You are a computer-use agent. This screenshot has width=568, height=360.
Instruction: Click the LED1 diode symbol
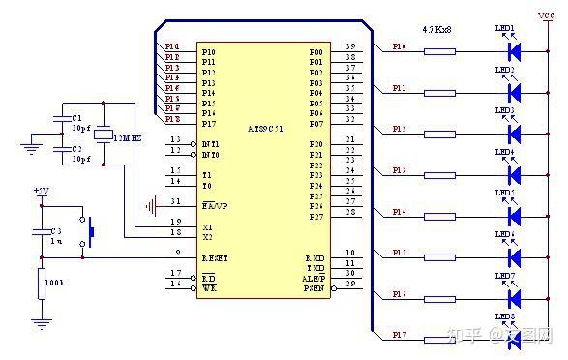coord(513,51)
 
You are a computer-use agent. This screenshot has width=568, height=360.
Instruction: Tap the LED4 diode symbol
coord(513,172)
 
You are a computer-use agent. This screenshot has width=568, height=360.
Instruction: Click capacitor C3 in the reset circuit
coord(40,232)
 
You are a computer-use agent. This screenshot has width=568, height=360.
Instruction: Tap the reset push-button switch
coord(90,232)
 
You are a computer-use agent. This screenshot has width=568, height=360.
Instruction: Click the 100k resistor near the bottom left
coord(40,285)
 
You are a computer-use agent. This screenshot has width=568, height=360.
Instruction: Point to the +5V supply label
coord(40,192)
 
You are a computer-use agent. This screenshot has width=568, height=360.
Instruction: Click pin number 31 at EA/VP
coord(176,201)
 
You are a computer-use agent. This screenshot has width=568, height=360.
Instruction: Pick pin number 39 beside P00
coord(349,46)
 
